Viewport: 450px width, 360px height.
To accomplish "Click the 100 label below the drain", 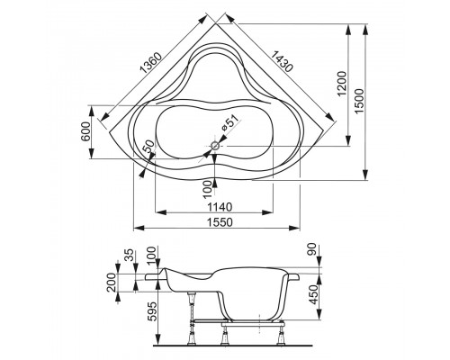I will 209,186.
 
